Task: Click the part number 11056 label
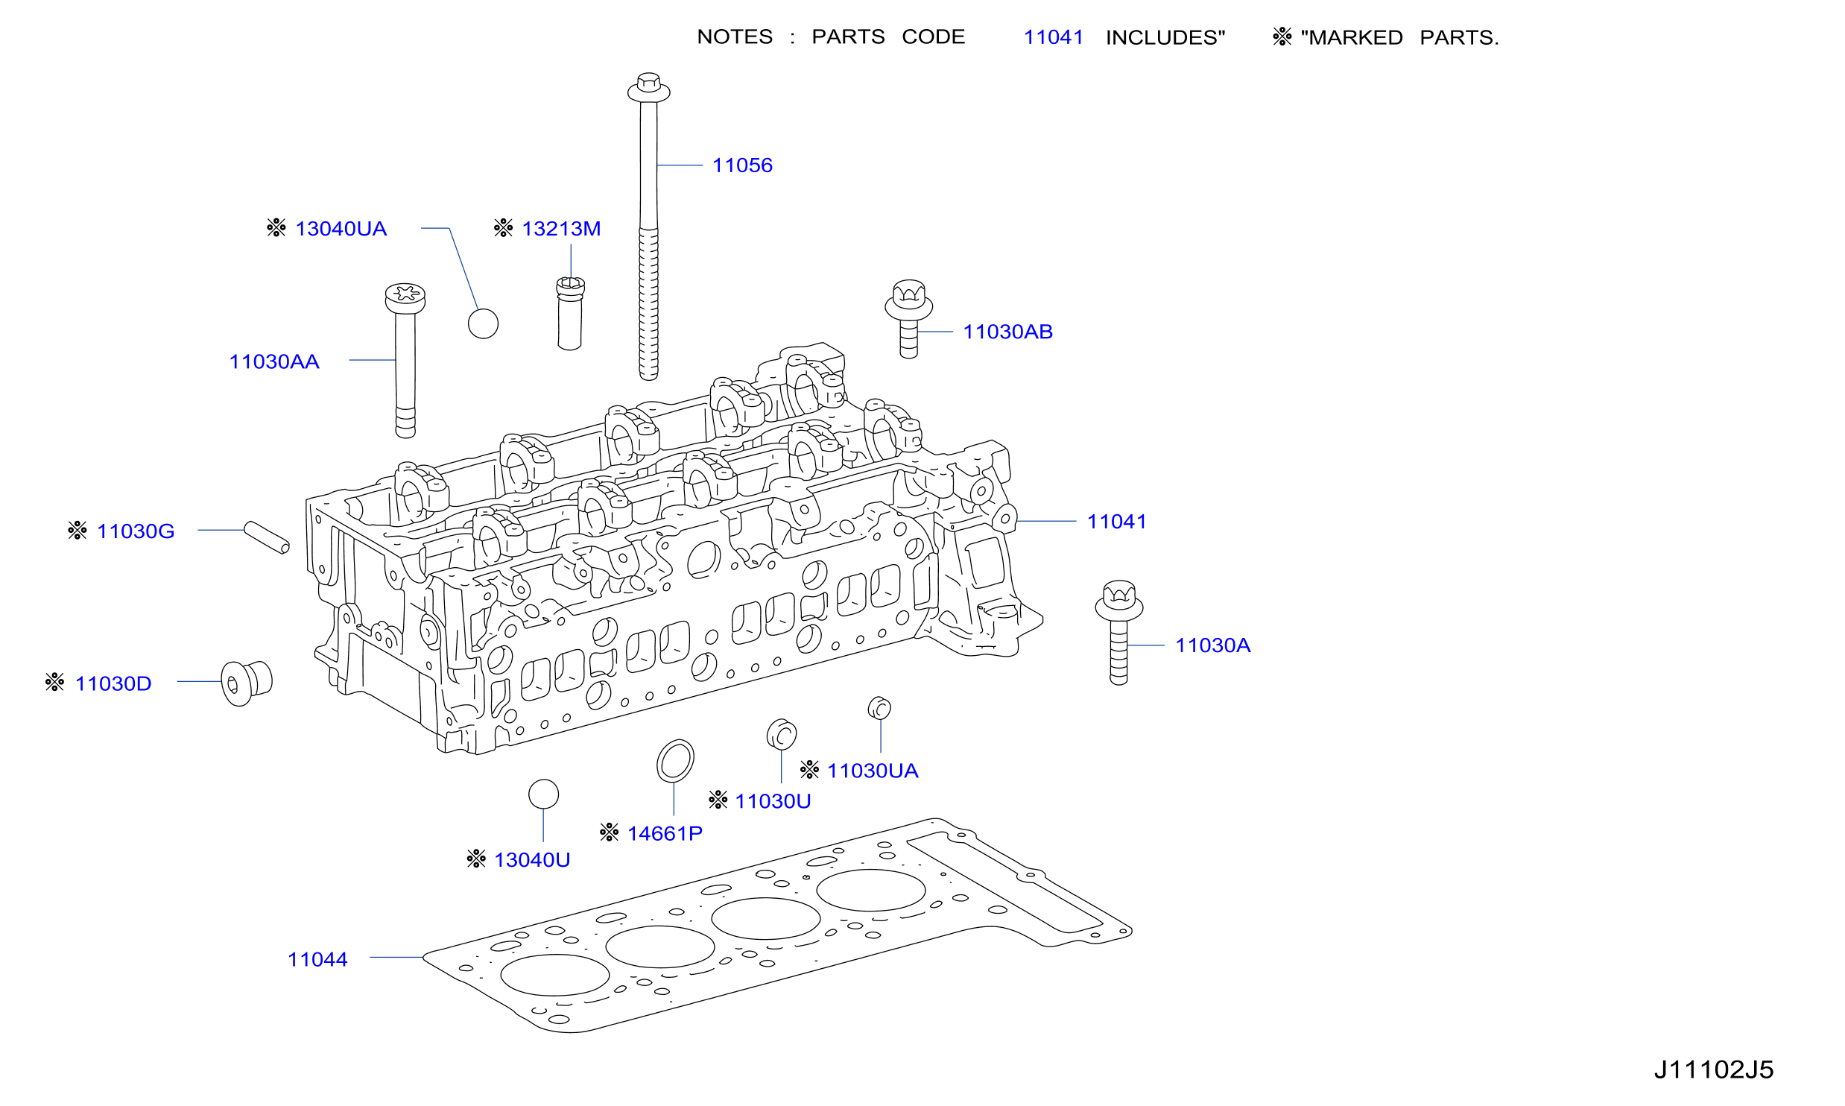[x=742, y=165]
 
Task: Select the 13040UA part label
[x=341, y=229]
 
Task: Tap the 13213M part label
[x=561, y=229]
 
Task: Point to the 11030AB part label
[x=1008, y=332]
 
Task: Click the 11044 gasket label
[x=317, y=959]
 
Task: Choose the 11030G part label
[x=136, y=531]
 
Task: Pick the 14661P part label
[x=665, y=833]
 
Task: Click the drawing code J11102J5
[x=1714, y=1070]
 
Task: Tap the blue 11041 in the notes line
[x=1054, y=37]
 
